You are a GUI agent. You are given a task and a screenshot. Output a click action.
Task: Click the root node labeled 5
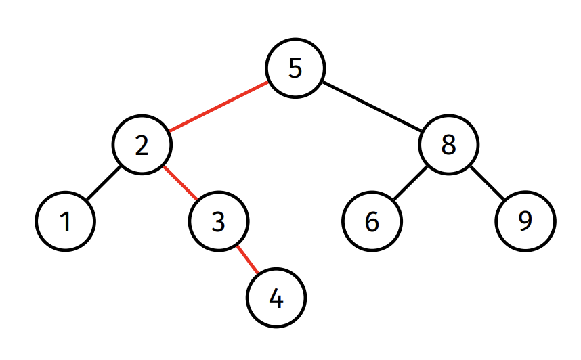pyautogui.click(x=295, y=68)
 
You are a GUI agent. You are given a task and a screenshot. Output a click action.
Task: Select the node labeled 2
pyautogui.click(x=142, y=144)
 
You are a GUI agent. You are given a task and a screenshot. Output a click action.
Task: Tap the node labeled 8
pyautogui.click(x=449, y=144)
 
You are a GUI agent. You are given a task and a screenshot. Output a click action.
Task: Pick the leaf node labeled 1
pyautogui.click(x=65, y=221)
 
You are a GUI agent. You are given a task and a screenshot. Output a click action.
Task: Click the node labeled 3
pyautogui.click(x=219, y=221)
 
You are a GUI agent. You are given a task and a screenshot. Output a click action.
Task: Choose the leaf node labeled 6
pyautogui.click(x=372, y=221)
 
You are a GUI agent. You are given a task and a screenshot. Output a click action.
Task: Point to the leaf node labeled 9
pyautogui.click(x=525, y=221)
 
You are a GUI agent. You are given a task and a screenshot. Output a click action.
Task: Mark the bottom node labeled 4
pyautogui.click(x=276, y=298)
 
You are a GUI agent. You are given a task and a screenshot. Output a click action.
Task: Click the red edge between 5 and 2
pyautogui.click(x=219, y=106)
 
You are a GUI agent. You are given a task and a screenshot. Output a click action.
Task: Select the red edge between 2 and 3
pyautogui.click(x=180, y=183)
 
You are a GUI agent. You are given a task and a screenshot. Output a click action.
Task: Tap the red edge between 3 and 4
pyautogui.click(x=248, y=260)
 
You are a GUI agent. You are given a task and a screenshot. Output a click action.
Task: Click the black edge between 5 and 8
pyautogui.click(x=372, y=106)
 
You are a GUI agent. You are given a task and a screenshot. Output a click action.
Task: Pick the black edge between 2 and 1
pyautogui.click(x=104, y=183)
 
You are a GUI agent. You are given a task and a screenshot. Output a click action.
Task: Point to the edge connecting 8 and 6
pyautogui.click(x=410, y=183)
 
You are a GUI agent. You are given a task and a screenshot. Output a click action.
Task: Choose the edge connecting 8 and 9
pyautogui.click(x=488, y=183)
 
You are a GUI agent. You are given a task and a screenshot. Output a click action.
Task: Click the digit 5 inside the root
pyautogui.click(x=295, y=68)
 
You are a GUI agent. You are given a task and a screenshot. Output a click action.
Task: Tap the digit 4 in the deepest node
pyautogui.click(x=276, y=298)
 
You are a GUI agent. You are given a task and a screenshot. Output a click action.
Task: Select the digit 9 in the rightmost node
pyautogui.click(x=525, y=221)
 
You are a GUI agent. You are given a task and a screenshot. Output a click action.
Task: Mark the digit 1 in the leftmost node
pyautogui.click(x=65, y=222)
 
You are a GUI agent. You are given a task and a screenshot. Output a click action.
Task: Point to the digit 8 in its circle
pyautogui.click(x=449, y=144)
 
